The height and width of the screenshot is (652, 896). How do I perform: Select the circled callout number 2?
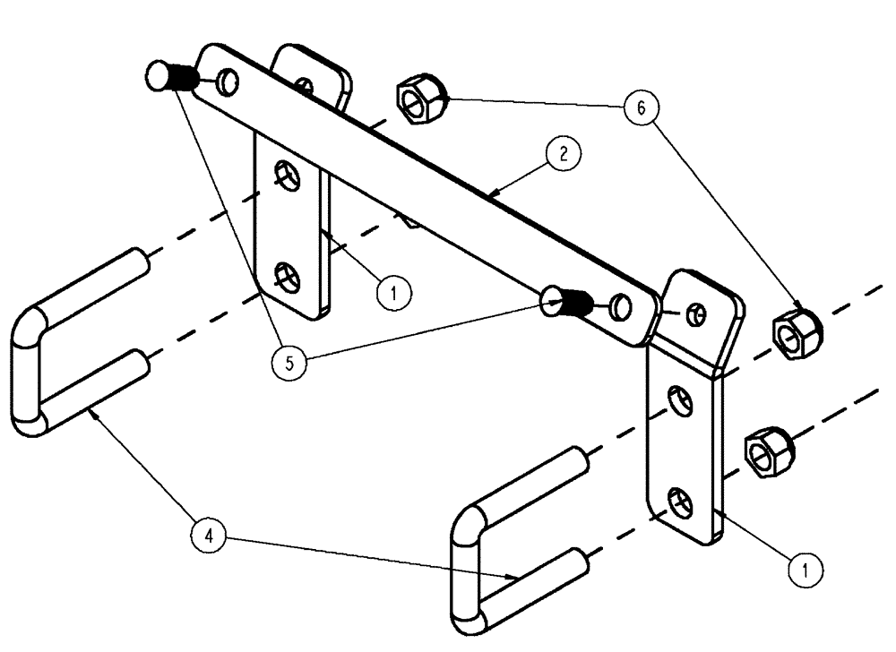coord(562,154)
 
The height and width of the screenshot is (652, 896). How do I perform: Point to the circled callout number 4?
coord(209,537)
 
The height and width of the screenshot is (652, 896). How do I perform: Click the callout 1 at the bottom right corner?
coord(806,568)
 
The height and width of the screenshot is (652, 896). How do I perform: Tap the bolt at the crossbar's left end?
coord(170,78)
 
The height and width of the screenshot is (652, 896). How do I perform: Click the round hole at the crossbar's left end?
coord(228,83)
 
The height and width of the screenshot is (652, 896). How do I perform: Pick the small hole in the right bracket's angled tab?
coord(695,313)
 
